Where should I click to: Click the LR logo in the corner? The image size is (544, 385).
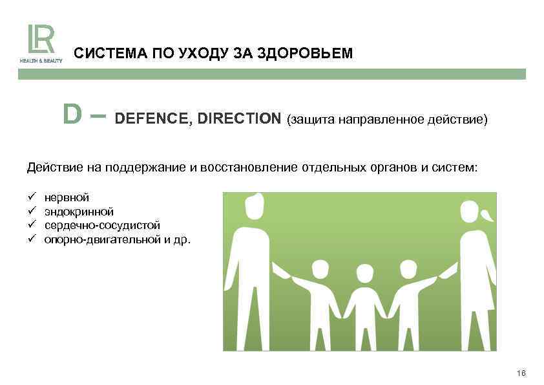[39, 40]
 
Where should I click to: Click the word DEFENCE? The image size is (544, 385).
[151, 120]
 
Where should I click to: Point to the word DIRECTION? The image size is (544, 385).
[239, 120]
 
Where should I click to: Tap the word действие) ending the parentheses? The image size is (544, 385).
[458, 120]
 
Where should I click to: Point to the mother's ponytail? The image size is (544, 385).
[488, 214]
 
